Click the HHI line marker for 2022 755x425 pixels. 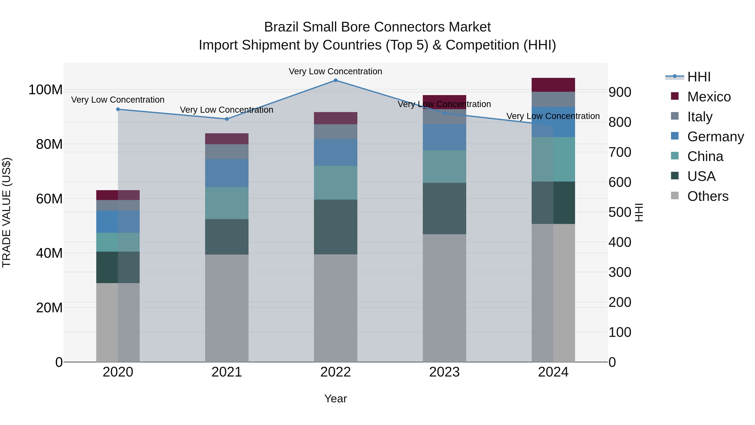coord(336,80)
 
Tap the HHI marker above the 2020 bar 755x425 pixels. coord(118,109)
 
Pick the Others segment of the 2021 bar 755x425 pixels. coord(226,308)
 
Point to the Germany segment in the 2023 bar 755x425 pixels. coord(444,137)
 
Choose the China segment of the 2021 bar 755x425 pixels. coord(226,203)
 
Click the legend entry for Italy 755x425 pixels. coord(700,117)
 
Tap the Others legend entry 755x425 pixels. coord(708,196)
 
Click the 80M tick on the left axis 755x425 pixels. coord(49,144)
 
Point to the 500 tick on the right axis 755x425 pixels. coord(620,212)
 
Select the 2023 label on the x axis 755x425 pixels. coord(444,372)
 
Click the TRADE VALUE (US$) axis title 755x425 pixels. coord(7,212)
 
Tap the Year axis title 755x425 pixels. coord(336,399)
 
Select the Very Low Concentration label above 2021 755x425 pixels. coord(226,110)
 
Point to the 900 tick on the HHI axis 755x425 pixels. coord(620,92)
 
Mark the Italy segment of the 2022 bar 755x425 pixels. coord(336,131)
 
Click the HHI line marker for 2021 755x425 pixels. coord(226,119)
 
